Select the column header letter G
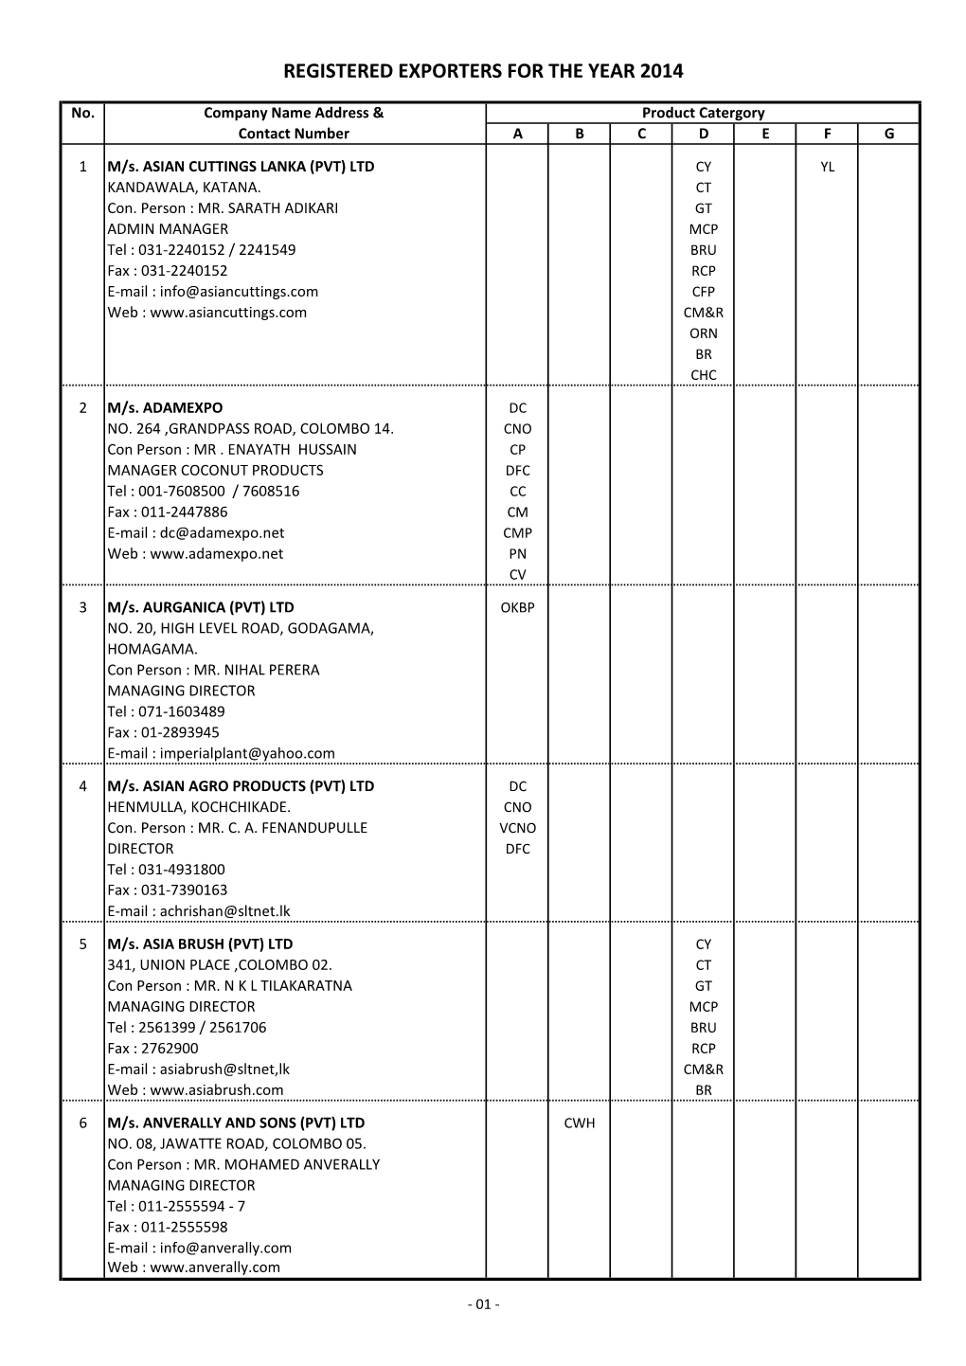click(888, 135)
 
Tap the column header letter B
click(580, 135)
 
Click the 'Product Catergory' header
click(703, 113)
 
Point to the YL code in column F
click(827, 167)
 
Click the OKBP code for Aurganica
click(517, 607)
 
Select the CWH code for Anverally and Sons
click(580, 1123)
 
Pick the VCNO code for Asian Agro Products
click(517, 828)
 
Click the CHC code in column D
click(703, 375)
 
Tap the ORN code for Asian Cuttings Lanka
click(703, 333)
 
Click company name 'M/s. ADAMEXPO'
click(165, 408)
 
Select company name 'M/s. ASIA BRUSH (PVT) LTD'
click(200, 944)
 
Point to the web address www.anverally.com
click(215, 1267)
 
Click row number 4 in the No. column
click(82, 786)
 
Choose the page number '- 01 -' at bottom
click(483, 1304)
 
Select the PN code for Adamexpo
click(517, 554)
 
